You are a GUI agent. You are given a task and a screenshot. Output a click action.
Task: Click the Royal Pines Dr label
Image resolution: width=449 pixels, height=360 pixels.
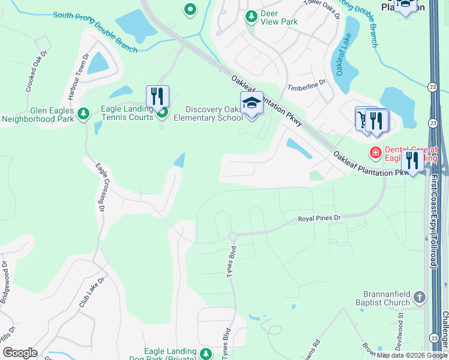click(319, 218)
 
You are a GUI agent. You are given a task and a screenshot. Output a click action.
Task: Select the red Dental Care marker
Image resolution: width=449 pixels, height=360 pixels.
click(376, 152)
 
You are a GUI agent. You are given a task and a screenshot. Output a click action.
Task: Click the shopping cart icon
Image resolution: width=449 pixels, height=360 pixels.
click(364, 119)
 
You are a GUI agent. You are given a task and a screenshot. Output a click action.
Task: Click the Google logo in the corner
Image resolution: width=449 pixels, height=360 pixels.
click(20, 353)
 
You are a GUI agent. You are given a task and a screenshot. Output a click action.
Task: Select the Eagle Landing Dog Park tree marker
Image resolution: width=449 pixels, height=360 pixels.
click(206, 353)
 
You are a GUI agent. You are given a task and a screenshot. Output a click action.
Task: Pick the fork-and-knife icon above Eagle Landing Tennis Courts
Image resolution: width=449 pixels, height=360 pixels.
click(157, 97)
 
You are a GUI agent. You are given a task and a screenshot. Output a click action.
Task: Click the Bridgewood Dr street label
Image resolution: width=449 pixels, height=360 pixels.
click(5, 282)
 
